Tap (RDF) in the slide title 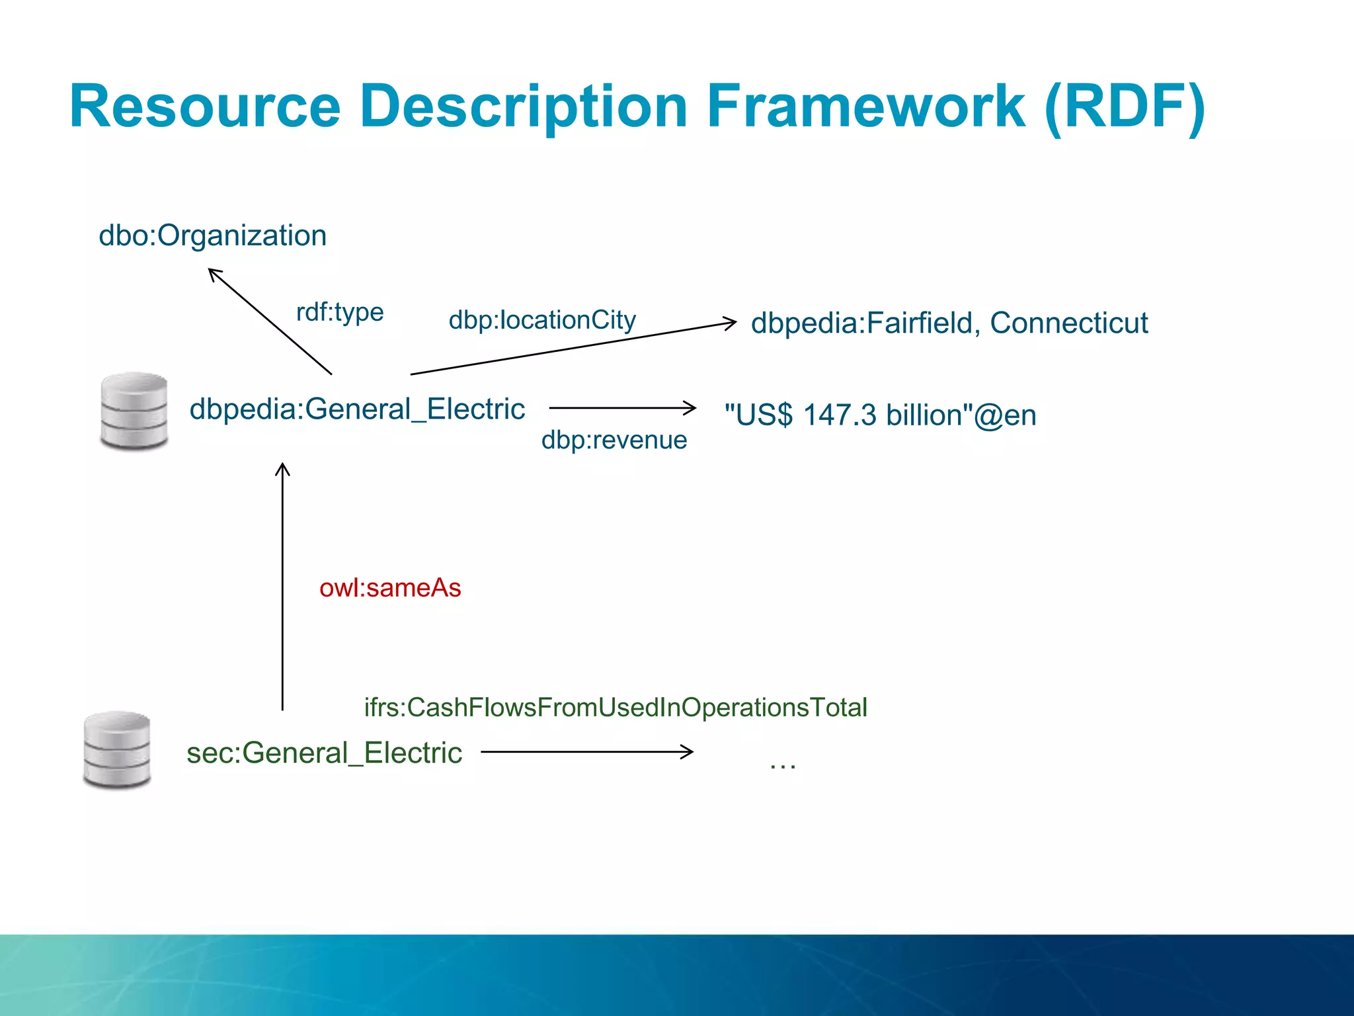[1125, 107]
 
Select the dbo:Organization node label [212, 235]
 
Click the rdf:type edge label [340, 312]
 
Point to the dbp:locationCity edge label [542, 320]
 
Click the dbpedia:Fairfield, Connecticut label [949, 323]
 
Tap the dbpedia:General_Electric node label [357, 409]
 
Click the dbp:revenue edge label [614, 440]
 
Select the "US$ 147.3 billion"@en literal [880, 415]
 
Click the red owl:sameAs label [390, 587]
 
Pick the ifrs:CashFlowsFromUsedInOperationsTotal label [615, 707]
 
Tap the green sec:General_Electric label [324, 753]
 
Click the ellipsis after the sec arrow [783, 765]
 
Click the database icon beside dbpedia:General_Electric [134, 411]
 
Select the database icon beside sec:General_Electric [117, 749]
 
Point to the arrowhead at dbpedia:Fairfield [731, 323]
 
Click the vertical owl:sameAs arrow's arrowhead [282, 467]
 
